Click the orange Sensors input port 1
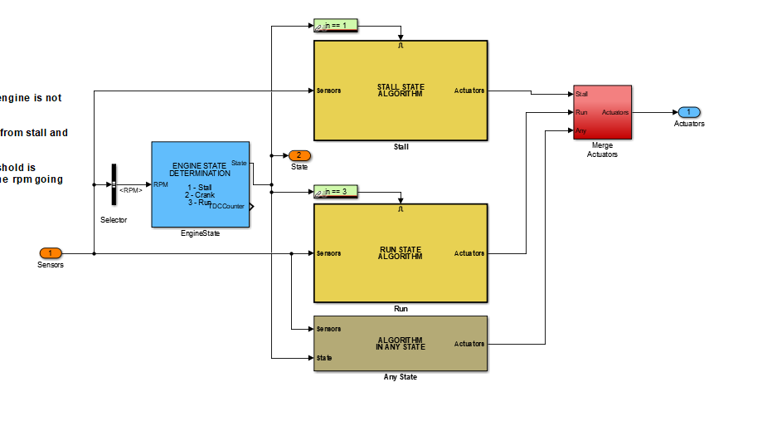51,253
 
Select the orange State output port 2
299,155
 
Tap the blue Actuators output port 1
688,112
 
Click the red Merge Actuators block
602,112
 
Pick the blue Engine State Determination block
200,184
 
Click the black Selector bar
114,184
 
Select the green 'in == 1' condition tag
336,26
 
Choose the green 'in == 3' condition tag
336,192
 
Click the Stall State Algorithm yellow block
400,91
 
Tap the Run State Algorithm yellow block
400,253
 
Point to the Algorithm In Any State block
400,343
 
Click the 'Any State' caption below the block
400,377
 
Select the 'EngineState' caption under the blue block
200,233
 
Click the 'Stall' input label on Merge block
581,94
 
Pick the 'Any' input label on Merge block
580,130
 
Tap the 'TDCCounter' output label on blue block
228,206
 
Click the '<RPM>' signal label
130,190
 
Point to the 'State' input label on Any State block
324,358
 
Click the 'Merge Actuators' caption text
602,149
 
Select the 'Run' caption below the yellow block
400,309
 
